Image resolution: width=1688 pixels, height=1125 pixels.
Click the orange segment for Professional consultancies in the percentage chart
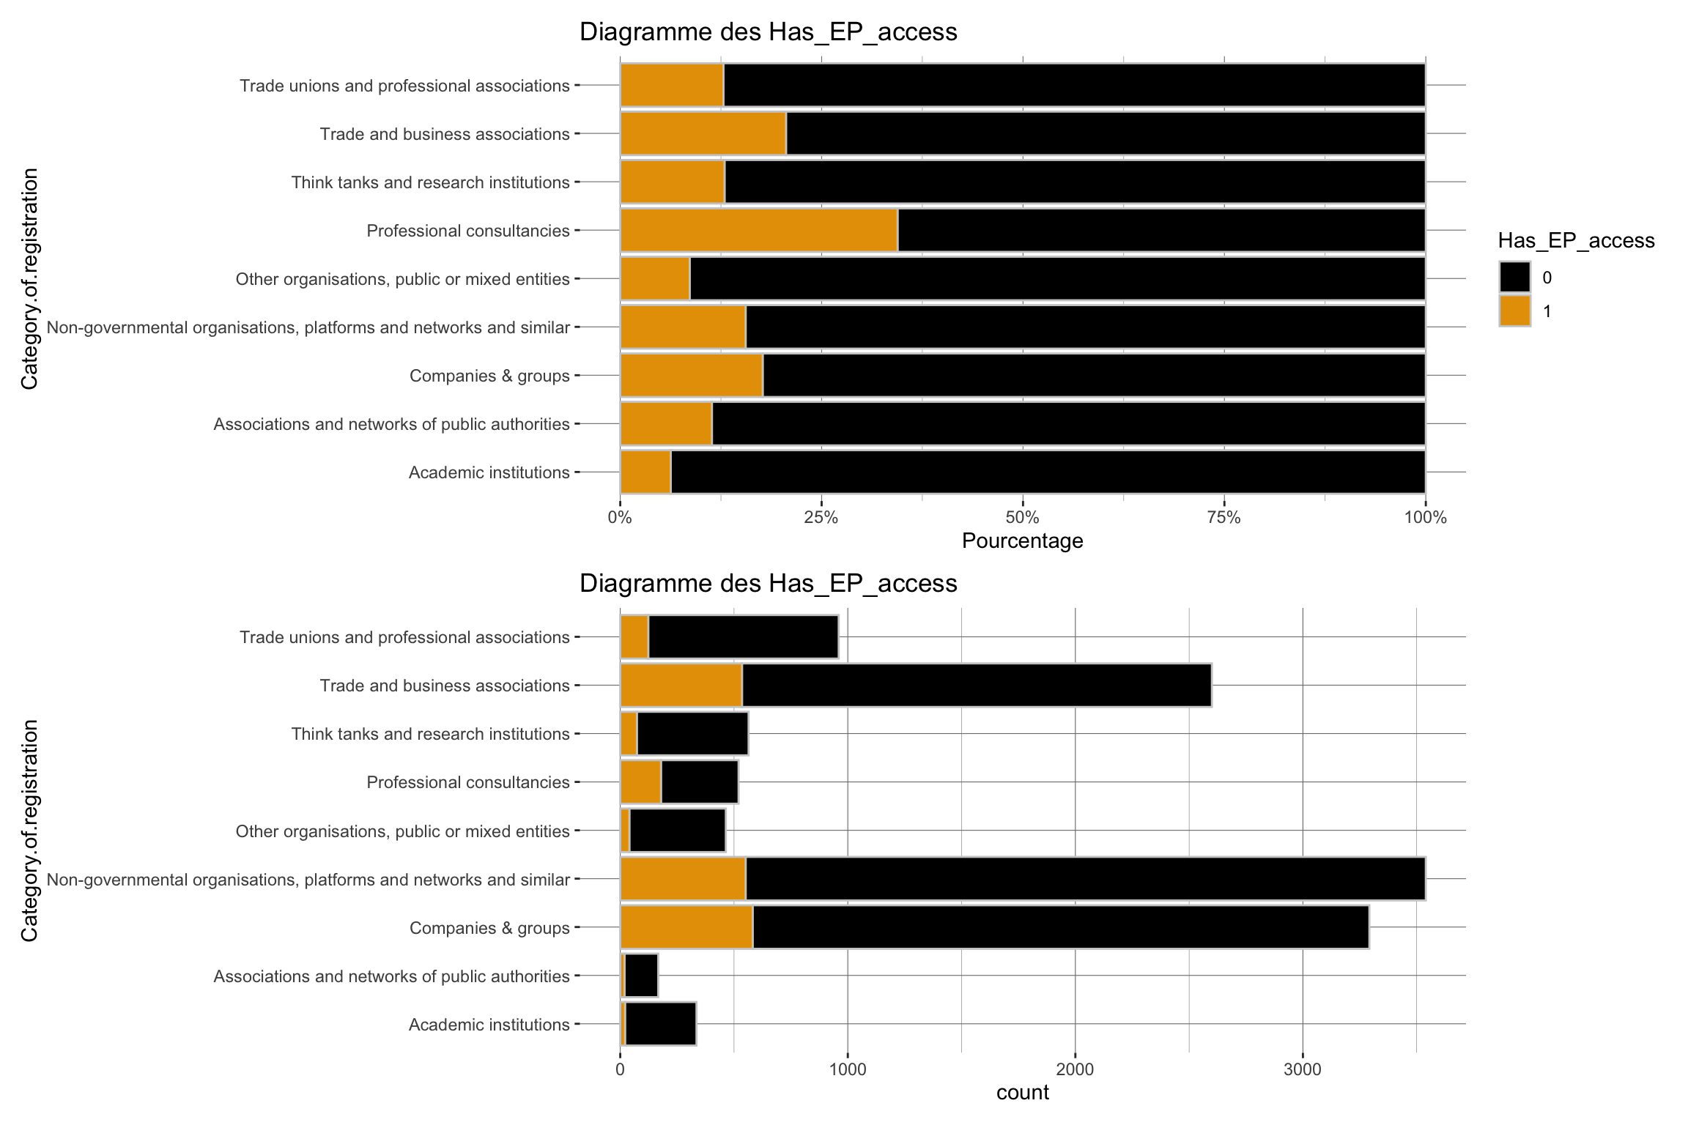[758, 231]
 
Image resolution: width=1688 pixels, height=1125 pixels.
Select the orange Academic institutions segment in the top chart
[645, 472]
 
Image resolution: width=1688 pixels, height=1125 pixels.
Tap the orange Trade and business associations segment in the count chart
[681, 686]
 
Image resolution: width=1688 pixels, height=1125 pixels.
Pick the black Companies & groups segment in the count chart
[1060, 928]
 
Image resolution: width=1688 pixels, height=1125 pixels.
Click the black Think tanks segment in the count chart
[692, 734]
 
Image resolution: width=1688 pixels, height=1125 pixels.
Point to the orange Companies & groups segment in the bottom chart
[686, 928]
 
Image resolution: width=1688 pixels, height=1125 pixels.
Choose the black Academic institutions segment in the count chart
[660, 1024]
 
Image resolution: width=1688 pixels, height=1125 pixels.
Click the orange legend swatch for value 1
[1514, 311]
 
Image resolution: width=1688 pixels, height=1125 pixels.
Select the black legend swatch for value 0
[1514, 278]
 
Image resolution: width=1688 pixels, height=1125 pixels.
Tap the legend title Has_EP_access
[1576, 241]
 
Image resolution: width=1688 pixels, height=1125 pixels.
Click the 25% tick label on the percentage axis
[821, 519]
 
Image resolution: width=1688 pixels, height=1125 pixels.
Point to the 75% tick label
[1224, 519]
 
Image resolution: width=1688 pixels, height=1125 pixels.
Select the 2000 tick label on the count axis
[1075, 1070]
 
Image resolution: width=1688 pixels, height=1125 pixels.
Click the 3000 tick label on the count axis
[1303, 1070]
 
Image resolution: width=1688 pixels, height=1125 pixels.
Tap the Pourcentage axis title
[1022, 541]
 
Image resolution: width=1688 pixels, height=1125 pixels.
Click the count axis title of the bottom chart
[1022, 1093]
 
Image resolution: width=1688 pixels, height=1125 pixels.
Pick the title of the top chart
[768, 32]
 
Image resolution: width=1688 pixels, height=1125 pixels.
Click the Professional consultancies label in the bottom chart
[467, 782]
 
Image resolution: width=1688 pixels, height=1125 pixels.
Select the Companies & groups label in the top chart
[489, 376]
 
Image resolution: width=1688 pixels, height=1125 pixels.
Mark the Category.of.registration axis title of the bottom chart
[29, 831]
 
